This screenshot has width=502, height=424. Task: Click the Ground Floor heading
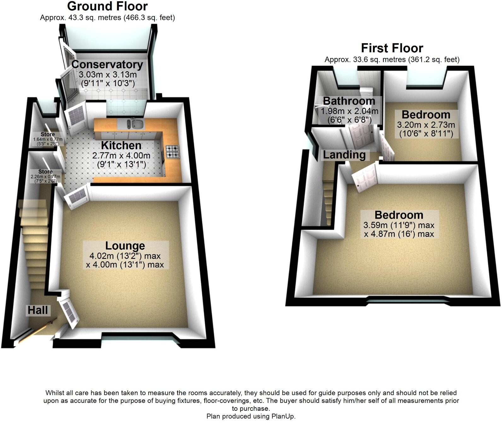107,6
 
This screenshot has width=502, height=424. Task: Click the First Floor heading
392,48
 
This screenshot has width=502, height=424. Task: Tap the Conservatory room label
107,65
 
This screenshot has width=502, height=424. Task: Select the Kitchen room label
121,146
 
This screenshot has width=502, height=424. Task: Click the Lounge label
125,246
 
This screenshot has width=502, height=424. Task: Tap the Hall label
38,310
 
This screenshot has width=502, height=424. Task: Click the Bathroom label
349,101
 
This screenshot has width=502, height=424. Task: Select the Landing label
344,155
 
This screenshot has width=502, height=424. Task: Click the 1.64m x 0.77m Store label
48,139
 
